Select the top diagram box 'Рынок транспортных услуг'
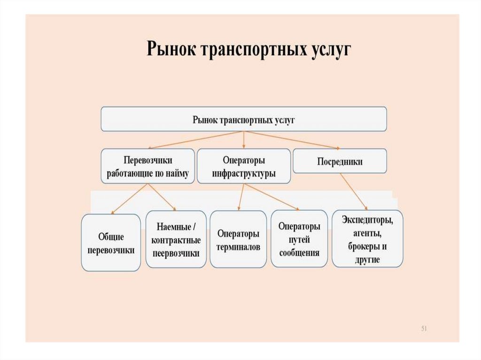click(244, 119)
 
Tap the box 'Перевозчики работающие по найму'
click(147, 166)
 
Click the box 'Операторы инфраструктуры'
click(243, 166)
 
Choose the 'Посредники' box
click(340, 161)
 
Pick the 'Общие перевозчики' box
click(111, 243)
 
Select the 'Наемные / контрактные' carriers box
click(176, 240)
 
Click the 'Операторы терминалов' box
click(238, 240)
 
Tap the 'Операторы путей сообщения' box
click(299, 239)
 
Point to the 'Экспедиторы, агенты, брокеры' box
click(367, 239)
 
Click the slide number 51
click(423, 328)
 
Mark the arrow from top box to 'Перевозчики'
click(197, 139)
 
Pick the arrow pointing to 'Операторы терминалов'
click(241, 197)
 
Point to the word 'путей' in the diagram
click(299, 240)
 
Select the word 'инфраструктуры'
click(243, 173)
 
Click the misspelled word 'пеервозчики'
click(176, 253)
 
